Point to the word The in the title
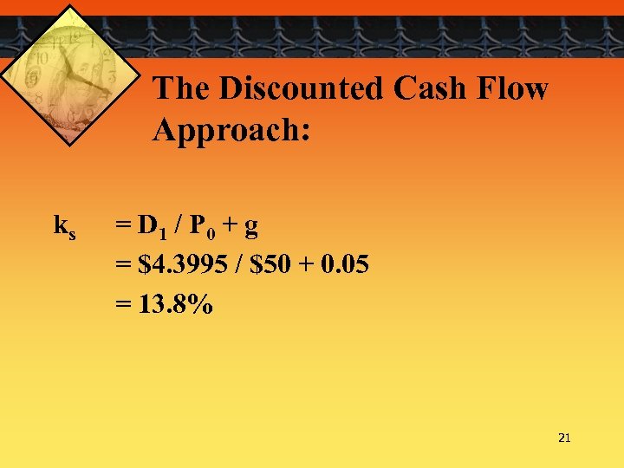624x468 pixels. [x=182, y=88]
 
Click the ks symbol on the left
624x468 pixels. [x=65, y=228]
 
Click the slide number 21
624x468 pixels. [x=564, y=439]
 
